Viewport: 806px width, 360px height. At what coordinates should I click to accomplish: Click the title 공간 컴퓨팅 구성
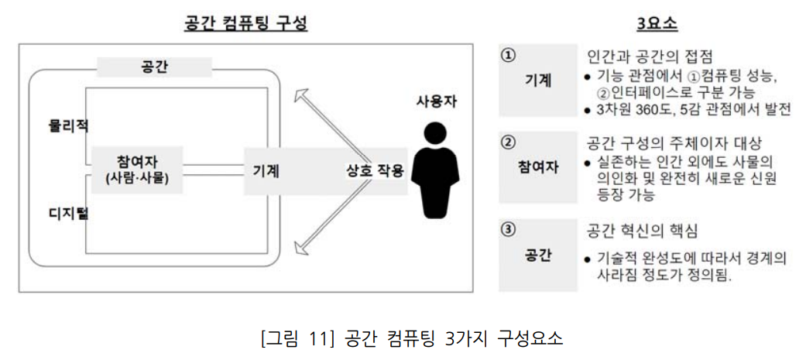coord(245,22)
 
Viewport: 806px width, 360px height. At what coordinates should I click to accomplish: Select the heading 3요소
coord(657,23)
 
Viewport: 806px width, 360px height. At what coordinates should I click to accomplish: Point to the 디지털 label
coord(66,212)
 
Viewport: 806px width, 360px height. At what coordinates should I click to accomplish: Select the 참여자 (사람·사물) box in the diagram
coord(136,170)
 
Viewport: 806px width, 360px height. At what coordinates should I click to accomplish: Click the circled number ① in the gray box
coord(508,56)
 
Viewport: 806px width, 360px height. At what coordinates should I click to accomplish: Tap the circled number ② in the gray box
coord(508,142)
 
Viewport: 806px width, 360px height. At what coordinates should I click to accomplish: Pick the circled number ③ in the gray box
coord(508,229)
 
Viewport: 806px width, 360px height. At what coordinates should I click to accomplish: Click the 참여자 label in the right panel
coord(537,166)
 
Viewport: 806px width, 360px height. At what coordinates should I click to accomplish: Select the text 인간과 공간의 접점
coord(650,57)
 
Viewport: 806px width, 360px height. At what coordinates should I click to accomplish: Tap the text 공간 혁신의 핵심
coord(643,231)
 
